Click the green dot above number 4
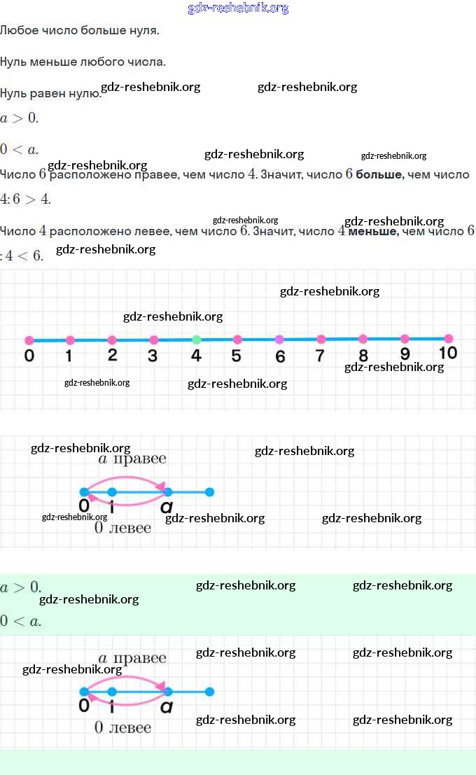pos(197,340)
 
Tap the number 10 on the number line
pos(447,353)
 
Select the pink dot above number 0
pos(29,340)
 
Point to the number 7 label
pos(320,356)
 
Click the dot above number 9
pos(405,339)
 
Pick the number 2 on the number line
pos(112,354)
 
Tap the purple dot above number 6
pos(279,339)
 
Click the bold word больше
pos(379,174)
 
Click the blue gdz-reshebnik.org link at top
pos(238,8)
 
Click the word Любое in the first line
pos(17,32)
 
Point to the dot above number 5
pos(237,340)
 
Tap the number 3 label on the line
pos(153,355)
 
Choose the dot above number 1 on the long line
pos(70,340)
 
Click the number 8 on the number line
pos(363,356)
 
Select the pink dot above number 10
pos(448,338)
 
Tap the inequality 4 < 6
pos(24,256)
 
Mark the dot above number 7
pos(321,339)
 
